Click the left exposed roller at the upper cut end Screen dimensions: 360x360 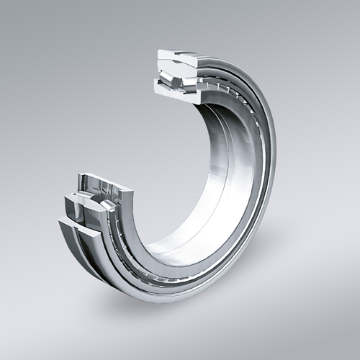[166, 72]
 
